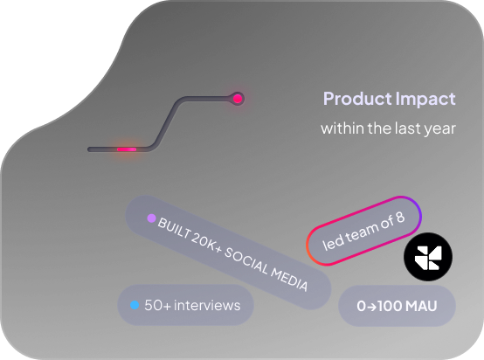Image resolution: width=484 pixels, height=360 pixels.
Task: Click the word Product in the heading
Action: (357, 99)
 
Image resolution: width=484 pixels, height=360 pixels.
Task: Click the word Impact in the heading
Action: (425, 100)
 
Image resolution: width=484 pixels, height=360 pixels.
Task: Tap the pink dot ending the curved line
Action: (238, 99)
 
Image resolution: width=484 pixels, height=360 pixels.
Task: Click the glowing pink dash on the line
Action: (127, 149)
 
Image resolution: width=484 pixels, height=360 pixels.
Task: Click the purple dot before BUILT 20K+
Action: (151, 218)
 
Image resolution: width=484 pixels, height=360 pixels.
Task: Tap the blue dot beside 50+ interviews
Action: (135, 305)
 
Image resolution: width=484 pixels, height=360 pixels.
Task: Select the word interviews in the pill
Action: (207, 305)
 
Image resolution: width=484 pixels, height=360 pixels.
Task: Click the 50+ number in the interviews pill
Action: (157, 305)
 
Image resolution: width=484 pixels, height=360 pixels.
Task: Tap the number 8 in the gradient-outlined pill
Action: (400, 218)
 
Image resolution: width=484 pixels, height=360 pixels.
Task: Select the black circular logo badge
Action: (428, 257)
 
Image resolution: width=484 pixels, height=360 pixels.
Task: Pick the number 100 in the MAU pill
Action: (390, 306)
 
